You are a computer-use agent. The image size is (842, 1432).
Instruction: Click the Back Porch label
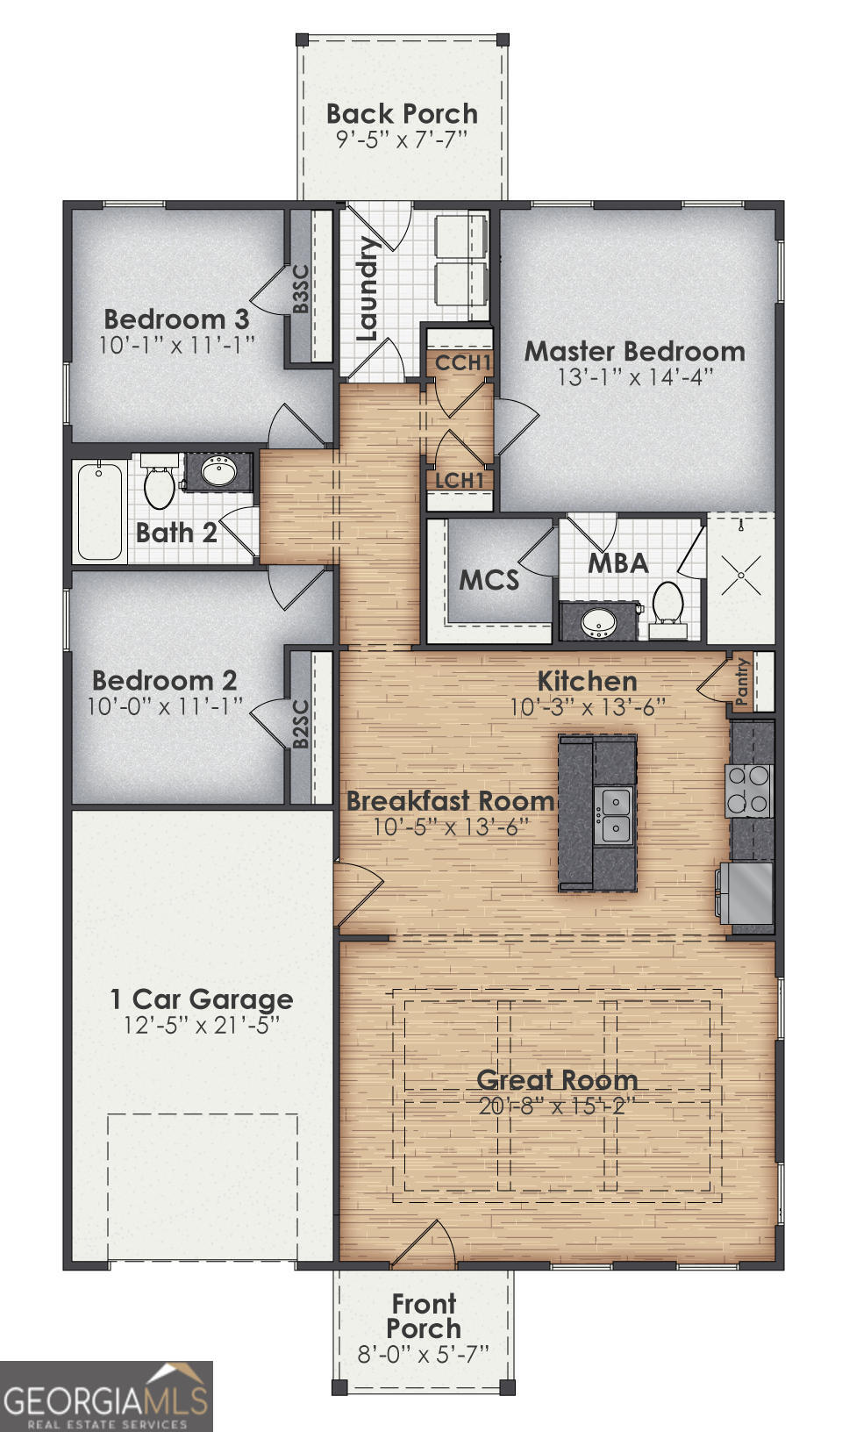[x=402, y=114]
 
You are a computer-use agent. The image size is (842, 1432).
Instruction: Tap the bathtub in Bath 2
[x=99, y=512]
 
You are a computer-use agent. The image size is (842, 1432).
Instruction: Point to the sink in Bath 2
[x=218, y=472]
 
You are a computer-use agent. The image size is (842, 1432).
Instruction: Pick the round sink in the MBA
[x=600, y=622]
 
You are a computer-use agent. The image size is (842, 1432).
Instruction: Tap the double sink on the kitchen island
[x=614, y=815]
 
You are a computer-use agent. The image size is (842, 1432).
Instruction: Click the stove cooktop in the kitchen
[x=748, y=791]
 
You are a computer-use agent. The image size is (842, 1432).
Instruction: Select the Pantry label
[x=742, y=682]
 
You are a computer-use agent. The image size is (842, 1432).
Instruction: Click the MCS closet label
[x=489, y=580]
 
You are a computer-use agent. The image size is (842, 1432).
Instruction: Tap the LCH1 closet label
[x=460, y=481]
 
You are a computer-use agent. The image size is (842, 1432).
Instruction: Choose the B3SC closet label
[x=301, y=289]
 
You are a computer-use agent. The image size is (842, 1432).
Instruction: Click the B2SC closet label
[x=300, y=724]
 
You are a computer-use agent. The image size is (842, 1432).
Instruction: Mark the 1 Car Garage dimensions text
[x=202, y=1025]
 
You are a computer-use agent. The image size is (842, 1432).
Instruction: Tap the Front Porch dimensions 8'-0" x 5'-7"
[x=423, y=1354]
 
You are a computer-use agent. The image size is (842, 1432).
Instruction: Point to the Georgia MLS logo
[x=106, y=1396]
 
